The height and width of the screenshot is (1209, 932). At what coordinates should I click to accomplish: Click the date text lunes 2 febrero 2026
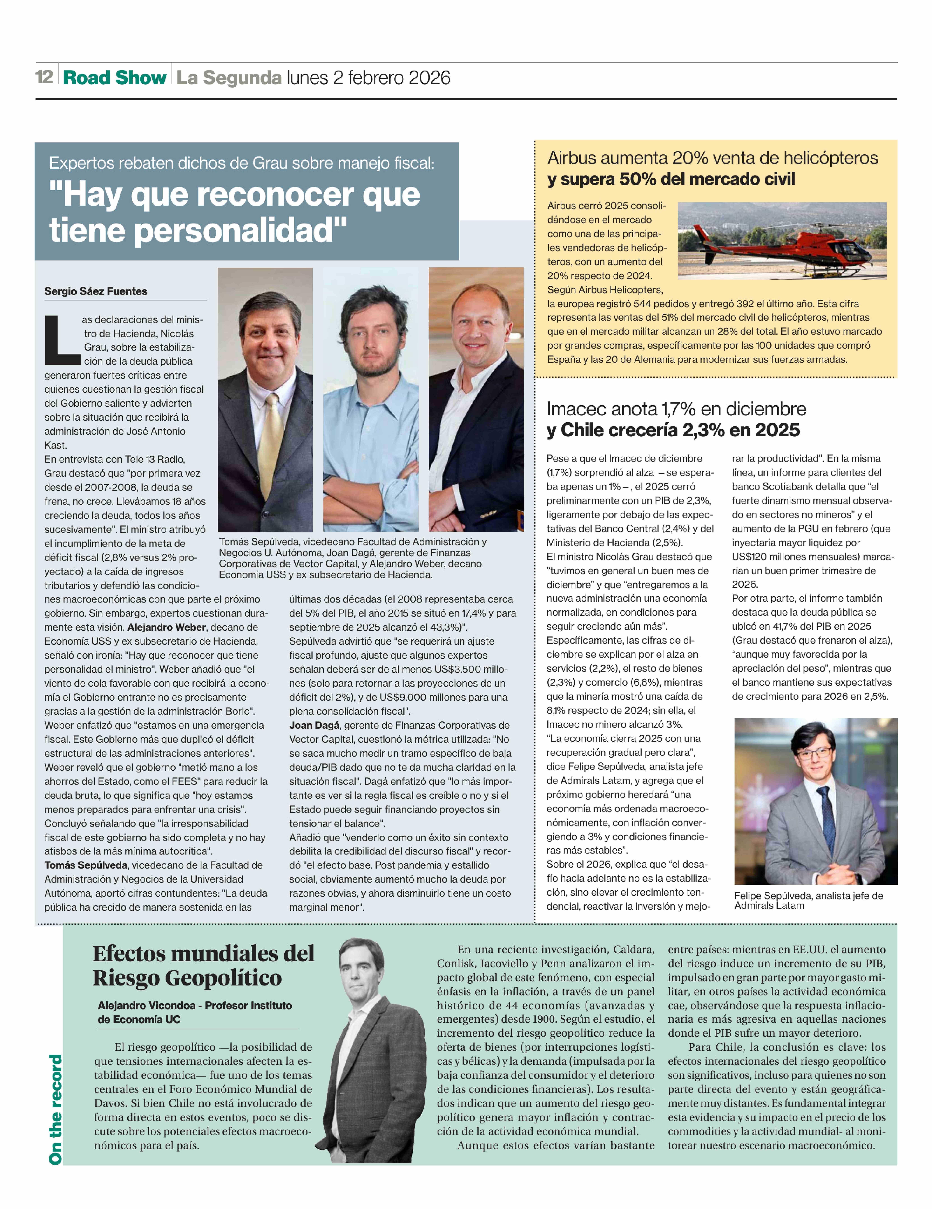[368, 78]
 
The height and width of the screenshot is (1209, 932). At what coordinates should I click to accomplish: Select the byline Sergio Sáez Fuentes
[96, 291]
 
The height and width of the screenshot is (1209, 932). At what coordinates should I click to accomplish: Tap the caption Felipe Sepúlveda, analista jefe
[808, 896]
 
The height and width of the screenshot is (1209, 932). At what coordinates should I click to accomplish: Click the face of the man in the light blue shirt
[370, 332]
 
